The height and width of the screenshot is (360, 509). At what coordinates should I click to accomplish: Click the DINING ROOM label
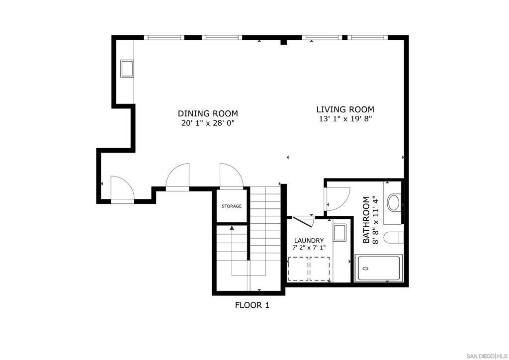click(208, 113)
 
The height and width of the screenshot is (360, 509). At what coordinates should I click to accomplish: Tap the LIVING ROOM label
click(345, 109)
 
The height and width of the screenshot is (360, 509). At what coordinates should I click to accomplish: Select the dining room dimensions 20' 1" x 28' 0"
click(208, 123)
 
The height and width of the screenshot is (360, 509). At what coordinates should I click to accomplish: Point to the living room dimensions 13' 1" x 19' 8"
click(345, 119)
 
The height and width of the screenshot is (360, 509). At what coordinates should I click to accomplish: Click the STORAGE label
click(232, 206)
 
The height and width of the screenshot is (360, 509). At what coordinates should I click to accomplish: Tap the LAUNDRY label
click(309, 240)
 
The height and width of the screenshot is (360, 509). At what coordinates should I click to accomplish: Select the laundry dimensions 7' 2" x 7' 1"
click(309, 248)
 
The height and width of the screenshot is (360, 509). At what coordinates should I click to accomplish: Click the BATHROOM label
click(366, 220)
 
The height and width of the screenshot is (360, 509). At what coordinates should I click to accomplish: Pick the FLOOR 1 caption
click(252, 305)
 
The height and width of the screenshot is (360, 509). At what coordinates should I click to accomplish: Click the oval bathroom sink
click(393, 203)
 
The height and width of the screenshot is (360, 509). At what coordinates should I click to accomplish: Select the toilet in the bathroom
click(394, 238)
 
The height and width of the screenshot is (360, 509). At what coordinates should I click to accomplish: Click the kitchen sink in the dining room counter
click(127, 68)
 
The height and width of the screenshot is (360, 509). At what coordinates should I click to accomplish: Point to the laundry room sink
click(339, 233)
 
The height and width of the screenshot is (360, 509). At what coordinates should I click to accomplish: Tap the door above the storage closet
click(231, 176)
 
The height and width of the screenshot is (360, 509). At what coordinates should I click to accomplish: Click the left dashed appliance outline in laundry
click(298, 269)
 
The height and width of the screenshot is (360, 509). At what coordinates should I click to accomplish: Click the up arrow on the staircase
click(232, 228)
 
